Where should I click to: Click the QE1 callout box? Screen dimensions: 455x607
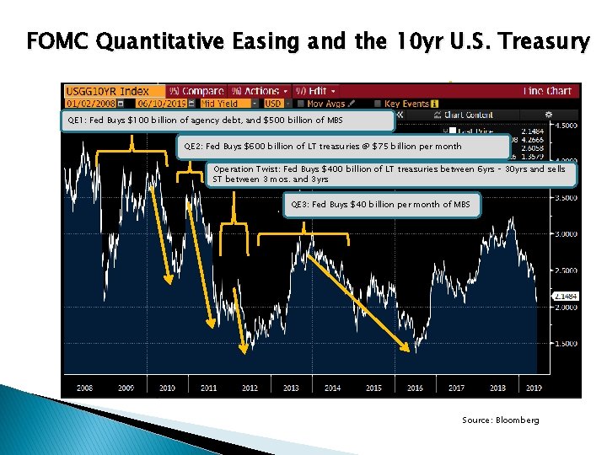pos(228,120)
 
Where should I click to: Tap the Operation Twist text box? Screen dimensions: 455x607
pos(391,174)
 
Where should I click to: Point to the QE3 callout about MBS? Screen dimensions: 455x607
pos(382,205)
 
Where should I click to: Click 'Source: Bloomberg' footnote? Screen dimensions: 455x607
pos(500,420)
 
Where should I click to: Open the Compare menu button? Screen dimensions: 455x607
pos(198,91)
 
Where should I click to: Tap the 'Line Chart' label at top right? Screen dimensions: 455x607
pos(547,91)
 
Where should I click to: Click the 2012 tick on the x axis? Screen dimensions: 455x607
pos(250,388)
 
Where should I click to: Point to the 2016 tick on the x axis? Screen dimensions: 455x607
pos(415,388)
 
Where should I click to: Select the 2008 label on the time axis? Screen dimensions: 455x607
pos(84,388)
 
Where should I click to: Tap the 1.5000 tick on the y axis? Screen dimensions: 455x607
pos(565,344)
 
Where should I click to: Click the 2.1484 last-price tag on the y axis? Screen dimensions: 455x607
pos(565,296)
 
